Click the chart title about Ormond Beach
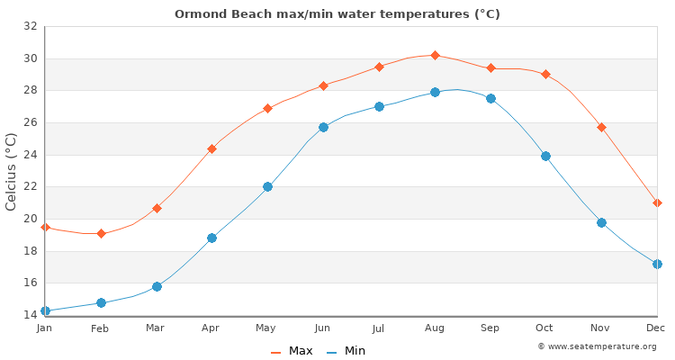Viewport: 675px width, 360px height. tap(337, 13)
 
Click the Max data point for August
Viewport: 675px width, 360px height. tap(435, 56)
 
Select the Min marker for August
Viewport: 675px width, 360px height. tap(435, 92)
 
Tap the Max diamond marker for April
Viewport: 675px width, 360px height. tap(211, 148)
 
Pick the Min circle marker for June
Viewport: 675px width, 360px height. tap(323, 127)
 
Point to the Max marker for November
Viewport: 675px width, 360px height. tap(601, 127)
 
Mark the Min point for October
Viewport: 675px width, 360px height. tap(545, 156)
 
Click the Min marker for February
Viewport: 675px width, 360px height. tap(101, 302)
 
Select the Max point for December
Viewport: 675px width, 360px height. tap(657, 202)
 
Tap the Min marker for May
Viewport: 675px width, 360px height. tap(267, 186)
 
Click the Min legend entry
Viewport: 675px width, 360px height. tap(346, 351)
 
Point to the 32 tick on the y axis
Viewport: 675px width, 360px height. tap(30, 27)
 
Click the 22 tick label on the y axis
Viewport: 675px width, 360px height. tap(30, 187)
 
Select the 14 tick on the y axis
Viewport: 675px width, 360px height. tap(30, 315)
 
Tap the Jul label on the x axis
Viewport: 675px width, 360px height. tap(379, 328)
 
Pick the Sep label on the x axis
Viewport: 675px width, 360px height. tap(490, 328)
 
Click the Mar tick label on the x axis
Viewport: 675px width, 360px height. tap(156, 328)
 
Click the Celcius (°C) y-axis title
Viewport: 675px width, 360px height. tap(11, 171)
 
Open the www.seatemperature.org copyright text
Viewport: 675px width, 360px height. tap(597, 346)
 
